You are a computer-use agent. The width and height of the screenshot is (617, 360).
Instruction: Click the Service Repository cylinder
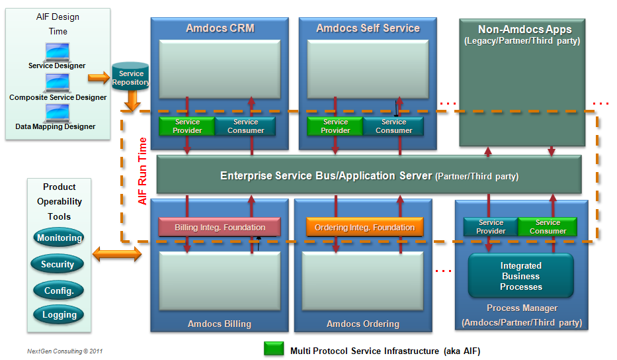click(130, 78)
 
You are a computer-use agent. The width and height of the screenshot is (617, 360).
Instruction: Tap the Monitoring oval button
click(60, 238)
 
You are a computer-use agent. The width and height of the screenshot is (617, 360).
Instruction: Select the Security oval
click(58, 265)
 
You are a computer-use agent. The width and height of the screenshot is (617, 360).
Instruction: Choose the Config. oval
click(59, 291)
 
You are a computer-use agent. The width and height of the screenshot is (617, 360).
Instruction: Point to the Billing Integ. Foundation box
click(220, 228)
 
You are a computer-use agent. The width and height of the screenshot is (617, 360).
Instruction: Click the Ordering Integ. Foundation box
click(364, 228)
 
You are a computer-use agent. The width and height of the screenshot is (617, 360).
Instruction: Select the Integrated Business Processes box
click(520, 277)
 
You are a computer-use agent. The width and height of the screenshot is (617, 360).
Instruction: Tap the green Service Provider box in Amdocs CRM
click(187, 126)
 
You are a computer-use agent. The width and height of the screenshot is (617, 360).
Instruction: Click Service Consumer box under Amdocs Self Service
click(393, 126)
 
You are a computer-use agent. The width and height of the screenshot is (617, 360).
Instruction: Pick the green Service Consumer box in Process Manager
click(548, 227)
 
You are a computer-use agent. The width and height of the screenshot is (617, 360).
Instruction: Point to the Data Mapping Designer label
click(56, 126)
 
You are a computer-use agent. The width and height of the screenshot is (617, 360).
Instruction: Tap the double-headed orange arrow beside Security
click(117, 254)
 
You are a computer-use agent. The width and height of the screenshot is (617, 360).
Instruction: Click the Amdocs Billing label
click(219, 324)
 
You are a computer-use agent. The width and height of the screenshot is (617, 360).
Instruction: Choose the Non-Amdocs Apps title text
click(524, 30)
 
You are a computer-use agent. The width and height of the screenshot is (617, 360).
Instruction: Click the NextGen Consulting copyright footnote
click(65, 351)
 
